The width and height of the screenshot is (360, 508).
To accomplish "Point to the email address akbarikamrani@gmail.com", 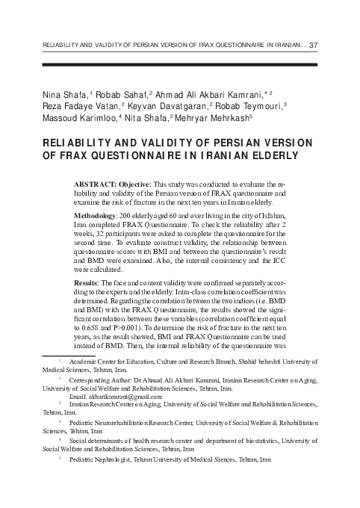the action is (x=120, y=397).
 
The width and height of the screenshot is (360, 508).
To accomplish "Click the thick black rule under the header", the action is (x=179, y=66).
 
